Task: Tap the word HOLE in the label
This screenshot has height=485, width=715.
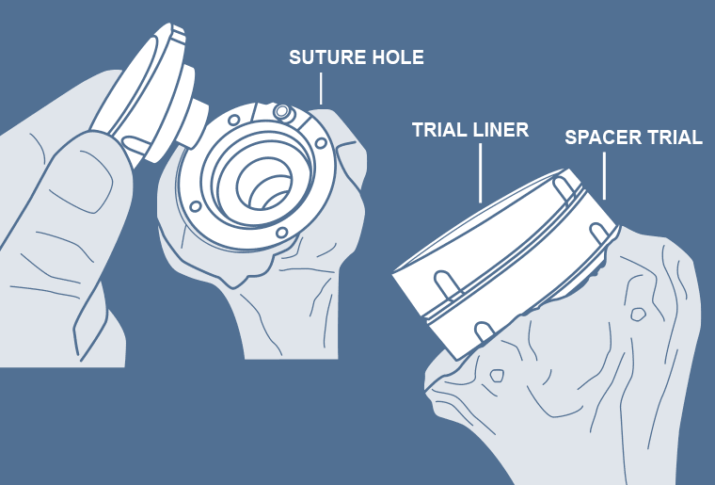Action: click(398, 57)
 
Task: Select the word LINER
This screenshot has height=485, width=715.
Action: click(500, 130)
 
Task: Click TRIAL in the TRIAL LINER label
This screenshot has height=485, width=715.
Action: click(439, 130)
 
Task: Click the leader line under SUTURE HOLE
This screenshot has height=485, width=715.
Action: click(321, 89)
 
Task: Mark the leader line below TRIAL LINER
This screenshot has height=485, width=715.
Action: click(480, 173)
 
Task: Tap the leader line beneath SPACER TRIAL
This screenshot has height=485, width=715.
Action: click(605, 176)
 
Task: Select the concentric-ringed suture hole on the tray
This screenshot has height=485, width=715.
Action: click(281, 111)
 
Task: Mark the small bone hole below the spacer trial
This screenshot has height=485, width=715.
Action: click(638, 314)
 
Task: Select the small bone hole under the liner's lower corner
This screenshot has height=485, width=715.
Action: click(497, 376)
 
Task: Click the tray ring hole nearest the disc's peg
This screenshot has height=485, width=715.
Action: click(234, 121)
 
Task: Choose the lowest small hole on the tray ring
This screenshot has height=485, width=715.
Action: click(282, 233)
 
